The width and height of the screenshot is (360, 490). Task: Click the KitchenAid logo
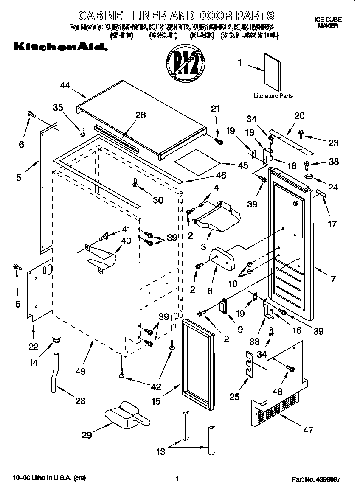(60, 47)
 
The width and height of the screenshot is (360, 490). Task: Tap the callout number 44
(65, 85)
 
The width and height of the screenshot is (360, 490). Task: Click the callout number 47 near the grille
(308, 430)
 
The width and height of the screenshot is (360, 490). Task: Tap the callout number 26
(140, 115)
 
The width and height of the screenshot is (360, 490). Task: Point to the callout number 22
(34, 347)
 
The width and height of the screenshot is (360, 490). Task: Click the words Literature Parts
(273, 96)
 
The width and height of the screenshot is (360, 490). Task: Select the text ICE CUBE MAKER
(328, 23)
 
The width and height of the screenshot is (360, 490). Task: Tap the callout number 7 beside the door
(333, 279)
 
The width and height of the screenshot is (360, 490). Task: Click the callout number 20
(299, 116)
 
